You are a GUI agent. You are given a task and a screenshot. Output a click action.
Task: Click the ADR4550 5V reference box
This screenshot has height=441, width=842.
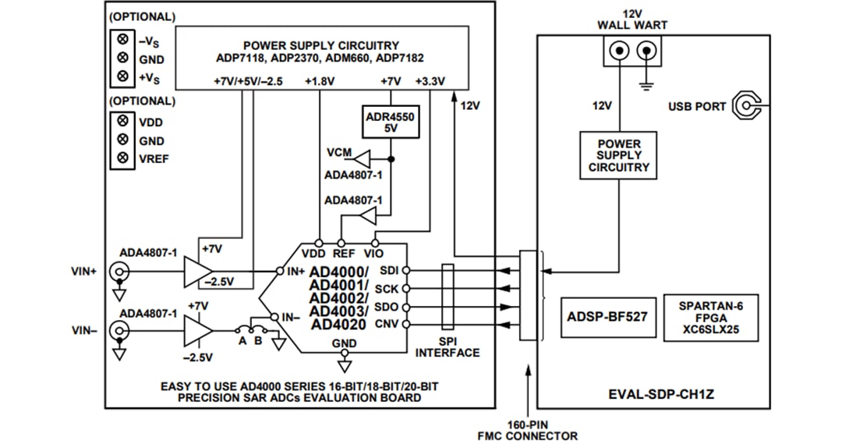[391, 123]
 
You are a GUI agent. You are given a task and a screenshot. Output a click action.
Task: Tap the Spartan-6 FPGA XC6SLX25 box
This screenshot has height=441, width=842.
[710, 317]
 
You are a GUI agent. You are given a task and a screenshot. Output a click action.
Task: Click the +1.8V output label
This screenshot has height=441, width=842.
[320, 81]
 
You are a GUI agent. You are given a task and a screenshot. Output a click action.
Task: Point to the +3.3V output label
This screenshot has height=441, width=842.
[430, 81]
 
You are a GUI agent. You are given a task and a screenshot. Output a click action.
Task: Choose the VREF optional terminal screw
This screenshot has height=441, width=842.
[122, 158]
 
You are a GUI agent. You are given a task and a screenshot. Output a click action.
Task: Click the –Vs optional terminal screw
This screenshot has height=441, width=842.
[122, 40]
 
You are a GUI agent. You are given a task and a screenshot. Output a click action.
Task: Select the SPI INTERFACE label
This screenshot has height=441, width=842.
[448, 347]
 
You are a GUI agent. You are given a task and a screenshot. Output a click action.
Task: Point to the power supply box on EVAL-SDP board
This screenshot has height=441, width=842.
[619, 155]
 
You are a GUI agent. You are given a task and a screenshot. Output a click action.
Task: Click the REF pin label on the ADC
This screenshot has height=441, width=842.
[343, 254]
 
